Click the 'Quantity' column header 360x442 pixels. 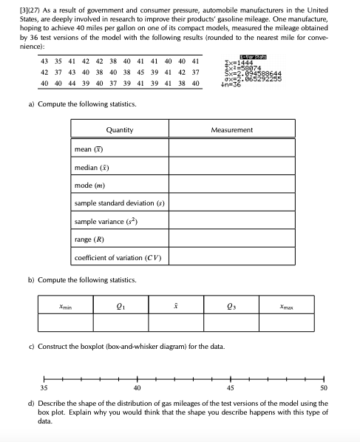(x=119, y=130)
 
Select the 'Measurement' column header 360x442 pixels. (x=231, y=130)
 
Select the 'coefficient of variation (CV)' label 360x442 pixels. (x=118, y=258)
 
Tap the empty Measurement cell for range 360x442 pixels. (x=231, y=239)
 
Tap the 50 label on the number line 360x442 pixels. (x=323, y=387)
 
